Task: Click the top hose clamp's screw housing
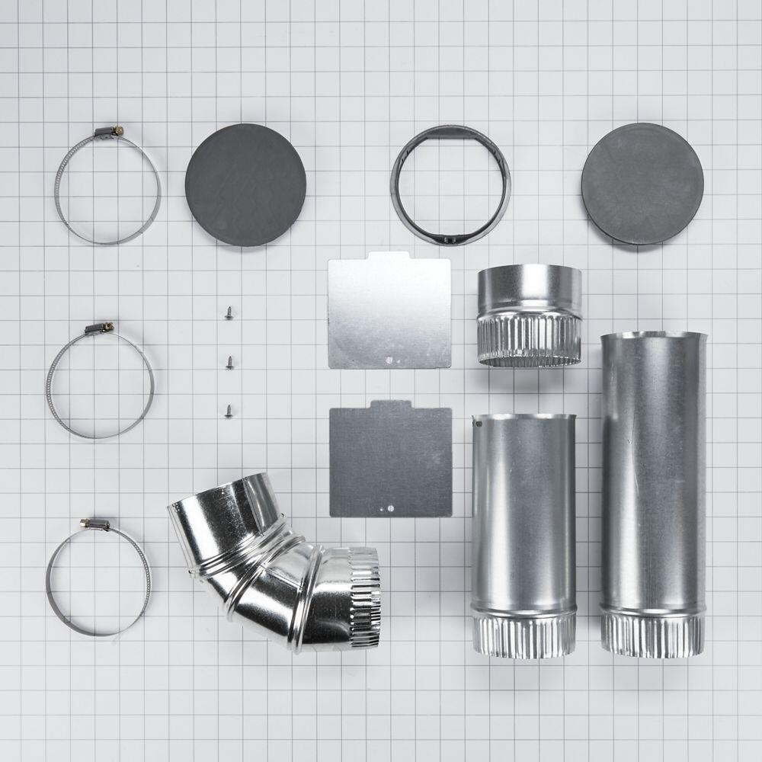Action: pyautogui.click(x=108, y=133)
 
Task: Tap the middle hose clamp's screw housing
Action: pyautogui.click(x=99, y=328)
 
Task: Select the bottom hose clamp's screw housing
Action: pyautogui.click(x=95, y=524)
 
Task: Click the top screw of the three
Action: pyautogui.click(x=229, y=312)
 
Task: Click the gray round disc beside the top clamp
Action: pyautogui.click(x=245, y=184)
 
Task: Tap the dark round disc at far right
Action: pyautogui.click(x=642, y=184)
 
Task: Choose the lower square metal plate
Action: pyautogui.click(x=389, y=459)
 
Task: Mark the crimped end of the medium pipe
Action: pyautogui.click(x=523, y=634)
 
